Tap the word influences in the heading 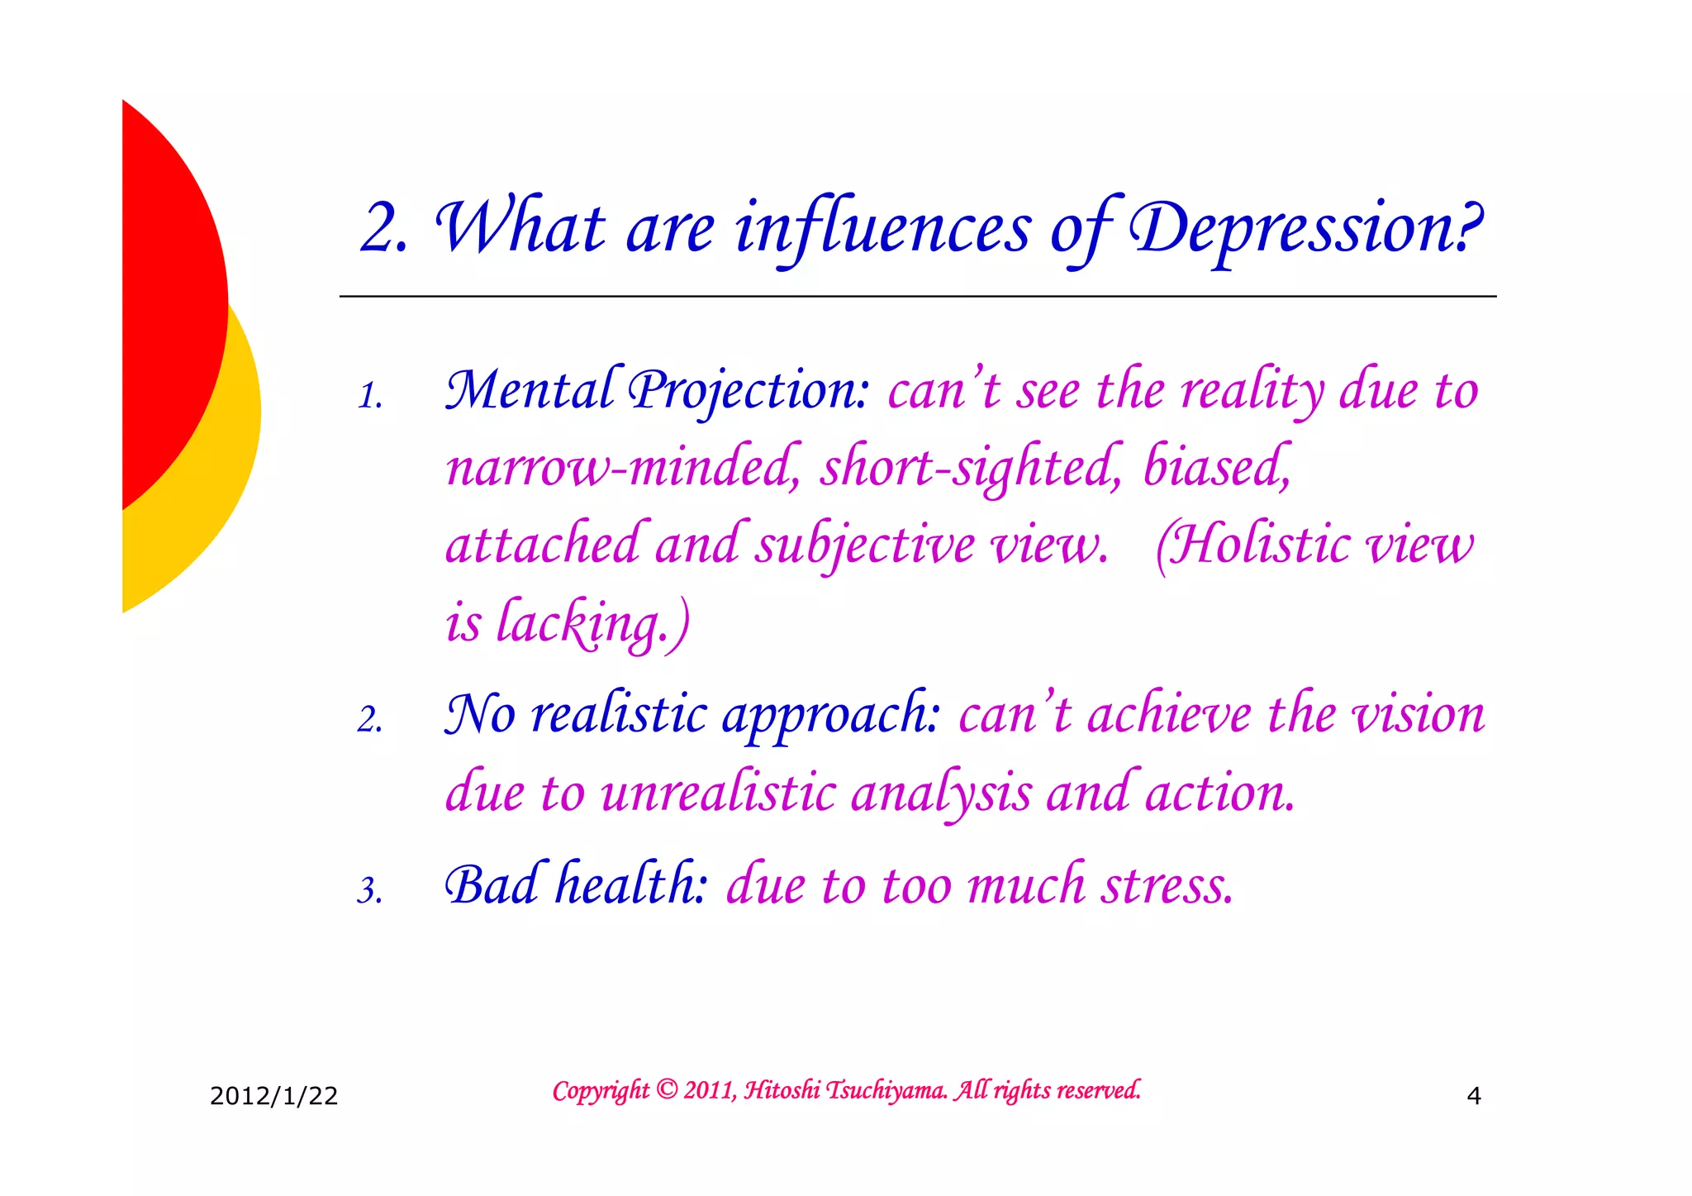(x=882, y=229)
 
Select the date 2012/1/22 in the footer (x=273, y=1096)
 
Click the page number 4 (x=1473, y=1096)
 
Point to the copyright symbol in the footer (x=667, y=1089)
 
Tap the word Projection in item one (x=748, y=390)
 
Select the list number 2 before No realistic (x=369, y=720)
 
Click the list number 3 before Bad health (x=369, y=891)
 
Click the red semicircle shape (x=169, y=306)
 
